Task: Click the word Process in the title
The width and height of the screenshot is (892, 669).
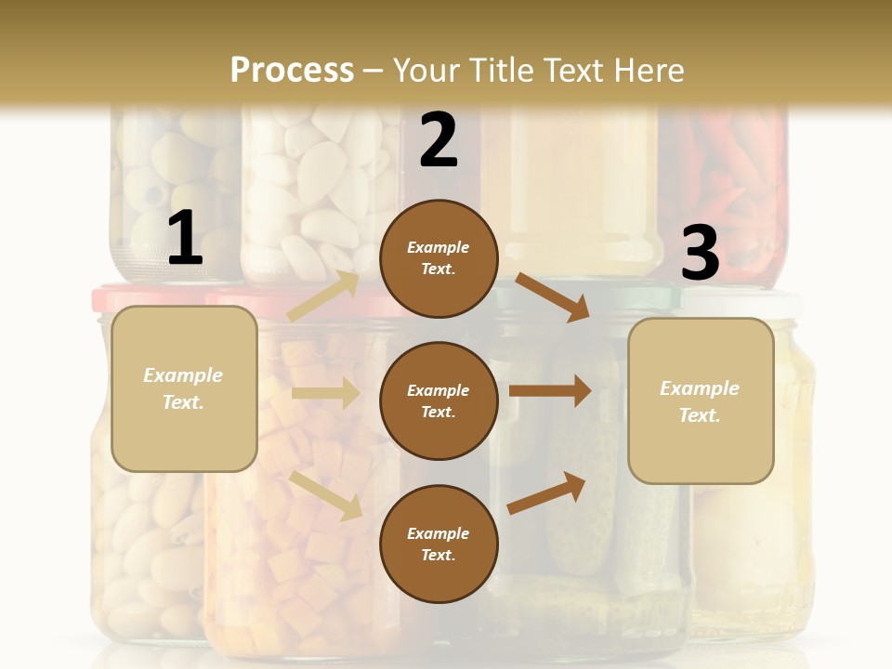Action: point(292,70)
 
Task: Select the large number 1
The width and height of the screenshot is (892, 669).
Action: point(185,239)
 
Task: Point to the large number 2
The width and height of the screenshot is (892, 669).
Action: point(439,140)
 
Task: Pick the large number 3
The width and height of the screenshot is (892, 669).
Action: point(700,253)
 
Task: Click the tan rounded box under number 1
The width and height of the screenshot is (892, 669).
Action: point(184,388)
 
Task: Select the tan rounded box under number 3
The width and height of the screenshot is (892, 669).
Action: point(700,401)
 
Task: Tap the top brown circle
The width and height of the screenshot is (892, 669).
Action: point(439,258)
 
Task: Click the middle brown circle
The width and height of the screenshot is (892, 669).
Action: point(439,400)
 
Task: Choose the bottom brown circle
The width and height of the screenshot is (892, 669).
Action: point(439,544)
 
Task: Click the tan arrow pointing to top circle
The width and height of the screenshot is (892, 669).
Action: point(323,295)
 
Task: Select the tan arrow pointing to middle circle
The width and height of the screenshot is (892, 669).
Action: point(325,393)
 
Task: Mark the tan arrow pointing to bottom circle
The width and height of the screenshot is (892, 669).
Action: point(326,494)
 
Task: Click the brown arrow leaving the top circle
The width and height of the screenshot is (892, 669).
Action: point(553,296)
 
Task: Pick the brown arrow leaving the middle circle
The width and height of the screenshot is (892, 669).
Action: point(550,390)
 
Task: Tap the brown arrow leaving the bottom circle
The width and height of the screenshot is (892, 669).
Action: point(547,492)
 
